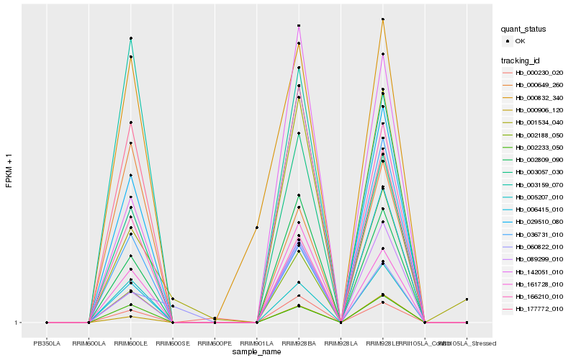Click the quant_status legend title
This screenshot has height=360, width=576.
[523, 30]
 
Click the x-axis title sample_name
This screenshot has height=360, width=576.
[257, 352]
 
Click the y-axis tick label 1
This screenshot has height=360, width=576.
[17, 323]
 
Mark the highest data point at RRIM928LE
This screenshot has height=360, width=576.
[383, 19]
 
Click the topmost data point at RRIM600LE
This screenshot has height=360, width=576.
[131, 38]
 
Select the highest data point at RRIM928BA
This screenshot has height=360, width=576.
[299, 26]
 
